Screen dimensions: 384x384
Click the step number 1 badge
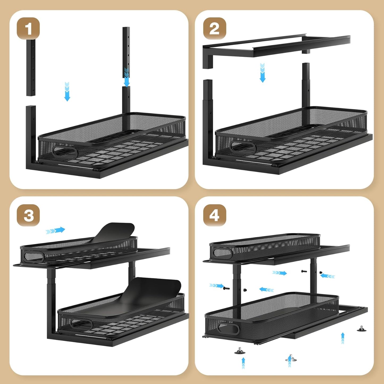28,28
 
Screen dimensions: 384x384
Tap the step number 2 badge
214,28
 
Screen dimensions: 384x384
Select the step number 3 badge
28,215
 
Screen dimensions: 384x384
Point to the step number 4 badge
214,215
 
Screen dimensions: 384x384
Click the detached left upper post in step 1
31,68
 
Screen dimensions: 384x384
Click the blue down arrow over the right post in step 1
127,77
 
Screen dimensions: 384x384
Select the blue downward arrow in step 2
263,73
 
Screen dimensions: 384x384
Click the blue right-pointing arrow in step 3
56,230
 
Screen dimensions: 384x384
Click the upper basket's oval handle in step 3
33,256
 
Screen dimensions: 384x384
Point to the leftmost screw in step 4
226,288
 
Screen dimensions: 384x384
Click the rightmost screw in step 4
321,273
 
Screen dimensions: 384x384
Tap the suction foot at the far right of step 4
361,329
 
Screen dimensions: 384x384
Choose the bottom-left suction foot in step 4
240,351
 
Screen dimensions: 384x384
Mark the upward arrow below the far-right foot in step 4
343,338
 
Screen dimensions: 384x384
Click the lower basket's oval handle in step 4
229,328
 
